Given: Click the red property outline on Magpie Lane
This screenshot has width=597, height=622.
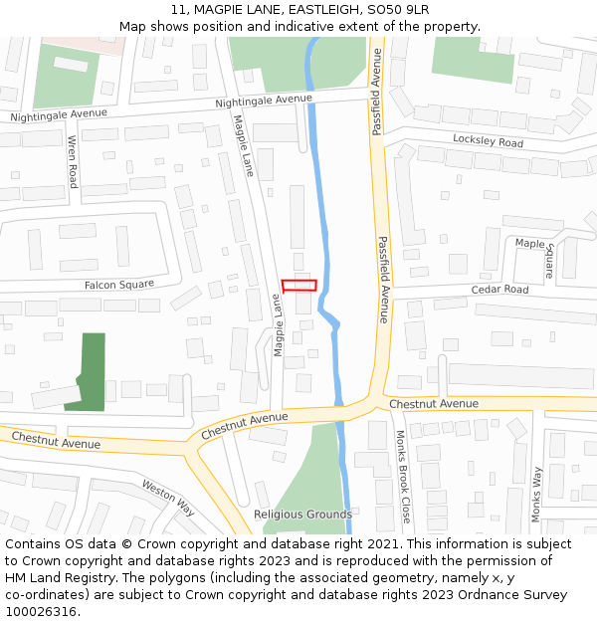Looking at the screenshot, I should (299, 286).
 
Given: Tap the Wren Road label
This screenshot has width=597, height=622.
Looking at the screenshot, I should (73, 163).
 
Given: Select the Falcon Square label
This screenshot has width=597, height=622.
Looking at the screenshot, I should (119, 285).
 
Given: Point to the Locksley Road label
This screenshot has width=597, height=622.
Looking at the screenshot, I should (488, 142).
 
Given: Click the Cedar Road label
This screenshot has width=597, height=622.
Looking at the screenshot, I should (499, 290).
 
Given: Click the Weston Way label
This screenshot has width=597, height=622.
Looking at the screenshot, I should (168, 498).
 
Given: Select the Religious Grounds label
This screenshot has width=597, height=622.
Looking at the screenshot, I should (302, 515).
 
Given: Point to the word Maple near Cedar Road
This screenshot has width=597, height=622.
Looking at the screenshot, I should (530, 243).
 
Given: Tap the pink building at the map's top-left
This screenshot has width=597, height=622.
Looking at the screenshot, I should (85, 45).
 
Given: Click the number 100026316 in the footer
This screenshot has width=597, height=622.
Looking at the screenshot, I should (41, 611).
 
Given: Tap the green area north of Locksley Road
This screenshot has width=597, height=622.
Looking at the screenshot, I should (474, 61).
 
